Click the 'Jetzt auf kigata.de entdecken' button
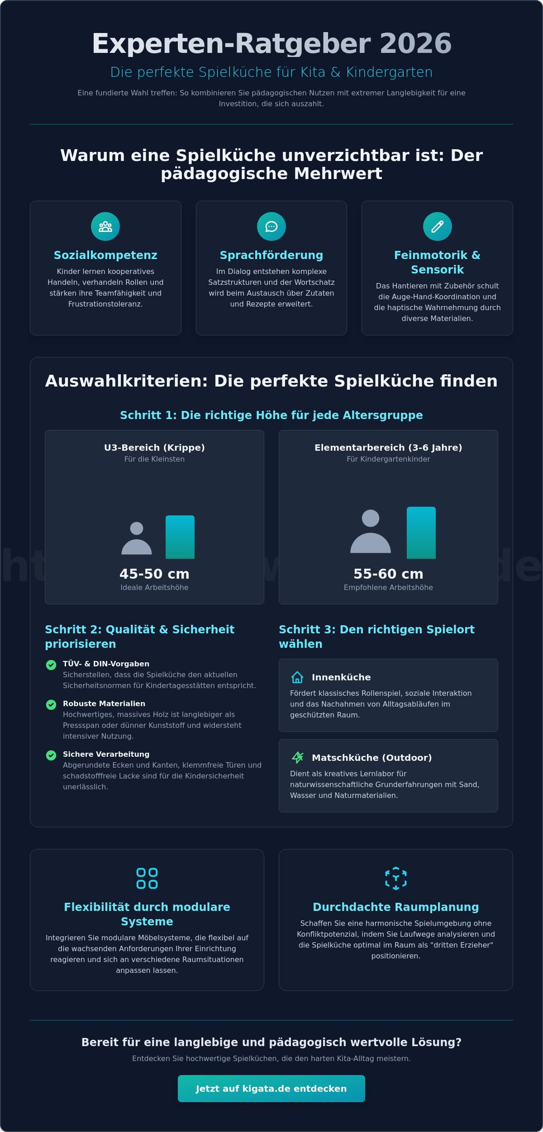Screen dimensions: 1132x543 [271, 1089]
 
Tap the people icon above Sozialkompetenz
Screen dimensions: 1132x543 [105, 226]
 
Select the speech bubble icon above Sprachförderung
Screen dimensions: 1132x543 [271, 226]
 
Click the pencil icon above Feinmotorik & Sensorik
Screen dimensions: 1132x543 [437, 226]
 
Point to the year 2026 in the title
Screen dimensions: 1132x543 [415, 44]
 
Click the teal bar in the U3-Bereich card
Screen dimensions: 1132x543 [180, 537]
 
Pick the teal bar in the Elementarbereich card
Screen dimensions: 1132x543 [421, 533]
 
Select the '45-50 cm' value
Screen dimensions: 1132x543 [154, 574]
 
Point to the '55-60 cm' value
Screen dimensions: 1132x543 [388, 574]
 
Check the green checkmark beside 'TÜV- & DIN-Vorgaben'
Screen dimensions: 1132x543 [51, 665]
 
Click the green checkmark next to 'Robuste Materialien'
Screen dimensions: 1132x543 [51, 704]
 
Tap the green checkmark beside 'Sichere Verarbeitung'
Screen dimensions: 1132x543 [51, 755]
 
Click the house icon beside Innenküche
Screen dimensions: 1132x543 [297, 677]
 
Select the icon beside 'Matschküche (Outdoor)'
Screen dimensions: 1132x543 [297, 757]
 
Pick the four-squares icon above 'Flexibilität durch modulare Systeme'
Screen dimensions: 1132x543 [147, 878]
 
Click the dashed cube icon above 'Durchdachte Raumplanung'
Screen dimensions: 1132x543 [396, 878]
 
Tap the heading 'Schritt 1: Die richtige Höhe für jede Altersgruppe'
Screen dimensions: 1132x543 [271, 415]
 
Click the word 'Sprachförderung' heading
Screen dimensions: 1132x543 [271, 255]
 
